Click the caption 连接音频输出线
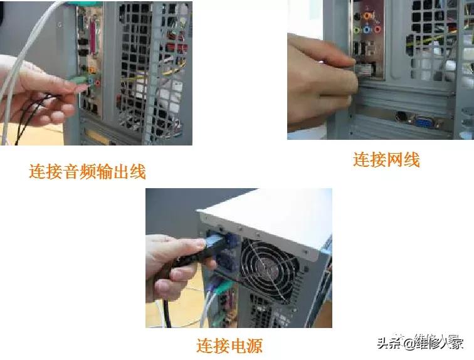[87, 171]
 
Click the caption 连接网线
[386, 159]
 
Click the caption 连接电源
[229, 344]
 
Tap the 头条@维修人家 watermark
[419, 342]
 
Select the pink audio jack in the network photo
[377, 29]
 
